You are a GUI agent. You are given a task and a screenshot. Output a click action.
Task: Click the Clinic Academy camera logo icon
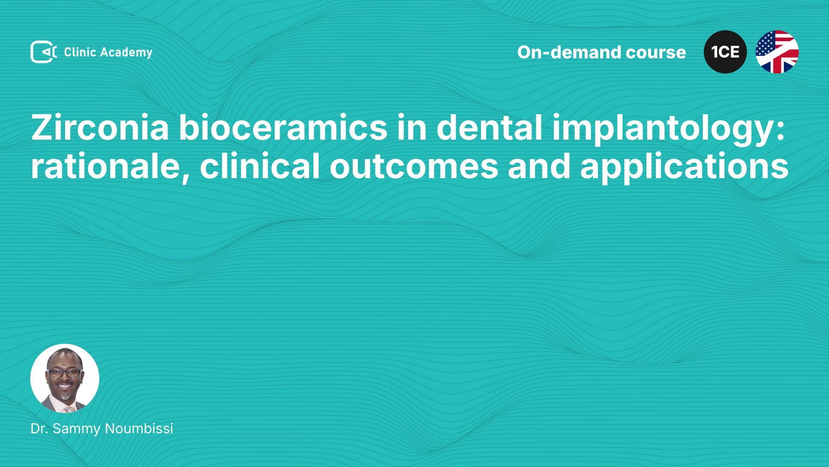44,52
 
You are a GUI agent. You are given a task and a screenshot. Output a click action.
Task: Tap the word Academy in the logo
126,53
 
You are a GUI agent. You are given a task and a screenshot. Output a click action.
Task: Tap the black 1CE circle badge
725,52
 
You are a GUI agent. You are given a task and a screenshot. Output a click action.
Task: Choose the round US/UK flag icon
777,52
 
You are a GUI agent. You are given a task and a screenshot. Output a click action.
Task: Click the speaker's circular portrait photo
65,378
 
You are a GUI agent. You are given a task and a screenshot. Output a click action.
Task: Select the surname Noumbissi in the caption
139,429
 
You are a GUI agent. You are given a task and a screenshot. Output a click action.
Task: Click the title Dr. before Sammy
39,429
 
